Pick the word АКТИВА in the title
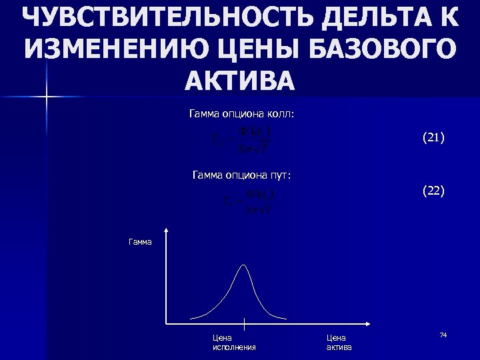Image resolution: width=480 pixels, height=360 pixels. (239, 80)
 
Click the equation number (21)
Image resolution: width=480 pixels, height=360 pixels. (433, 138)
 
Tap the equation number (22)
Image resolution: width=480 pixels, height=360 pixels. (433, 191)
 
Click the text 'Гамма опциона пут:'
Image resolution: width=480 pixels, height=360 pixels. (241, 175)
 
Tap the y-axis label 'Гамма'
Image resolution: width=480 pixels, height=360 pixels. (140, 241)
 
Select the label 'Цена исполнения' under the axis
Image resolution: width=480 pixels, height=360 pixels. (233, 343)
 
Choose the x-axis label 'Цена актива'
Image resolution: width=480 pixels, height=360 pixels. (339, 343)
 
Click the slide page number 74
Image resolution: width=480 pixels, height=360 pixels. (443, 334)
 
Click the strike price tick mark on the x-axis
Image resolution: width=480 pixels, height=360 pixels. (245, 325)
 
